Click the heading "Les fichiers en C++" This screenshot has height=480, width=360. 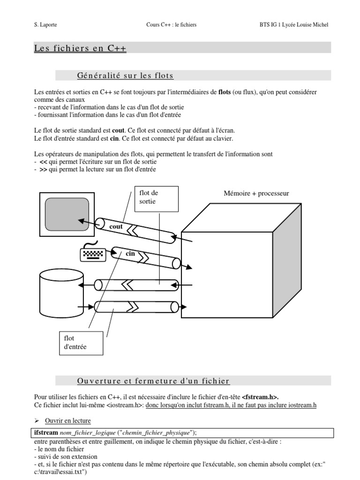[80, 48]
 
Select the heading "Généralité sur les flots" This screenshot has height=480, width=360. [125, 75]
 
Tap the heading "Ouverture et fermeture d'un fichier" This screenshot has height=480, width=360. [153, 381]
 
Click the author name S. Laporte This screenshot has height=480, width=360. [46, 24]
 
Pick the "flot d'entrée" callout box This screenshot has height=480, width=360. [80, 343]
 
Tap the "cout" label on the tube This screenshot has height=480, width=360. [115, 227]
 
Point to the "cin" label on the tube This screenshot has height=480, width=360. [130, 254]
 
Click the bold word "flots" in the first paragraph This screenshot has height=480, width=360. [225, 92]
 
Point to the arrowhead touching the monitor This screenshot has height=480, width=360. [81, 220]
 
